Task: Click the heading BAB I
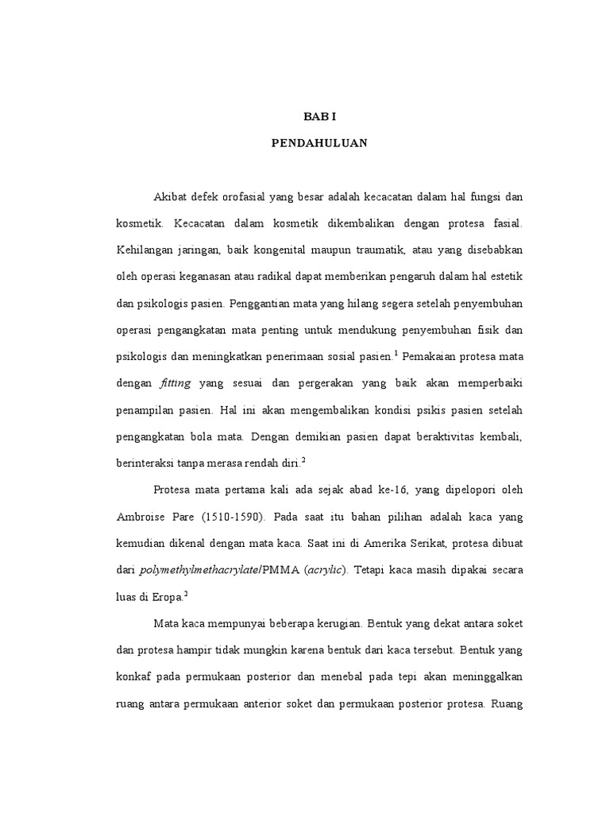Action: click(x=320, y=116)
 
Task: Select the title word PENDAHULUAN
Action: click(x=320, y=145)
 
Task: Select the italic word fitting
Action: click(x=176, y=382)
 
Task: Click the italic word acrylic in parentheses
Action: click(x=327, y=570)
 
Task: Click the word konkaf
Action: click(x=135, y=676)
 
